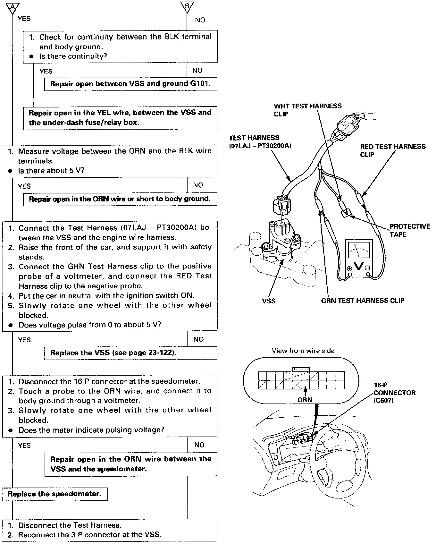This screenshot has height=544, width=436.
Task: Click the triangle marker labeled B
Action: pos(187,7)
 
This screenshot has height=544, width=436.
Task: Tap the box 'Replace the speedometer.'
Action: pos(55,494)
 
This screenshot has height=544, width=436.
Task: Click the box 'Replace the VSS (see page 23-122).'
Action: pos(130,353)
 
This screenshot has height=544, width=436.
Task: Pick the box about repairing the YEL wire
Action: pos(120,118)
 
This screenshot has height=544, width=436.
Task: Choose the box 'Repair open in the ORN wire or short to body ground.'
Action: pos(120,199)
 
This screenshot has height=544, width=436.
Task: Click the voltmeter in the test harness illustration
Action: pos(359,260)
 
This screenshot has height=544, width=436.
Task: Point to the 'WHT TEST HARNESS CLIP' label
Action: pos(307,110)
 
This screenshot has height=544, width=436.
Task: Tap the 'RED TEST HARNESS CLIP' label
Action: pos(393,150)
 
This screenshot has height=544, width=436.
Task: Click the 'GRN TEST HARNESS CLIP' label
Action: pos(363,301)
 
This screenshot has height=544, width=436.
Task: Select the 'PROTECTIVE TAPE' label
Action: pos(409,230)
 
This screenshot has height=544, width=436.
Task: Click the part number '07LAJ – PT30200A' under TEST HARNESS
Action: pos(260,146)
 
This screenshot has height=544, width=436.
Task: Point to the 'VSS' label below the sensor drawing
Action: pos(269,301)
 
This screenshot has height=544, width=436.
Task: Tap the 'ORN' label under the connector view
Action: pos(305,400)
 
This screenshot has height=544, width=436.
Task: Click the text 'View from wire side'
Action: pos(303,351)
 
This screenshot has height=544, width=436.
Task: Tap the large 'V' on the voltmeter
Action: pos(359,266)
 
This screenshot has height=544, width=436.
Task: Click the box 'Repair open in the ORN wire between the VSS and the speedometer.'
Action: pos(130,464)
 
